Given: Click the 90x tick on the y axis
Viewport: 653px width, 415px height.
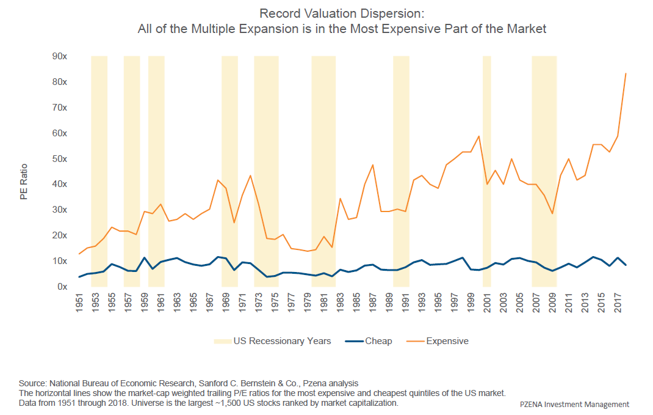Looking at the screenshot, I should pos(59,56).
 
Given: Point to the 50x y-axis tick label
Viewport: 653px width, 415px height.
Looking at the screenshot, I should pos(59,159).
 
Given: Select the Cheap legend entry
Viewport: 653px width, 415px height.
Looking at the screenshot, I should pos(370,341).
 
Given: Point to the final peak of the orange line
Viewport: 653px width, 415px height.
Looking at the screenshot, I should pos(626,73).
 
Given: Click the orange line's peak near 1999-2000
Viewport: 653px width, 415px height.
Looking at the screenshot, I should pos(479,136).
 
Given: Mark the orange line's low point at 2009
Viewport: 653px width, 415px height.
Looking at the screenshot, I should pos(553,213).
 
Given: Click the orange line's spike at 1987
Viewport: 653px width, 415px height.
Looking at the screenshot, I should pos(373,164).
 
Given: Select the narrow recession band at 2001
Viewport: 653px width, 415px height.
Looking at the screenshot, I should pos(487,171).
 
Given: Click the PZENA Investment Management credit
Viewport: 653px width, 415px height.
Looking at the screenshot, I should pos(574,405).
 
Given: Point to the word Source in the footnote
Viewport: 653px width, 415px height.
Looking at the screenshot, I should pos(32,383).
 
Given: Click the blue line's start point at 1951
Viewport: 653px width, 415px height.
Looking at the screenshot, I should pos(79,277).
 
